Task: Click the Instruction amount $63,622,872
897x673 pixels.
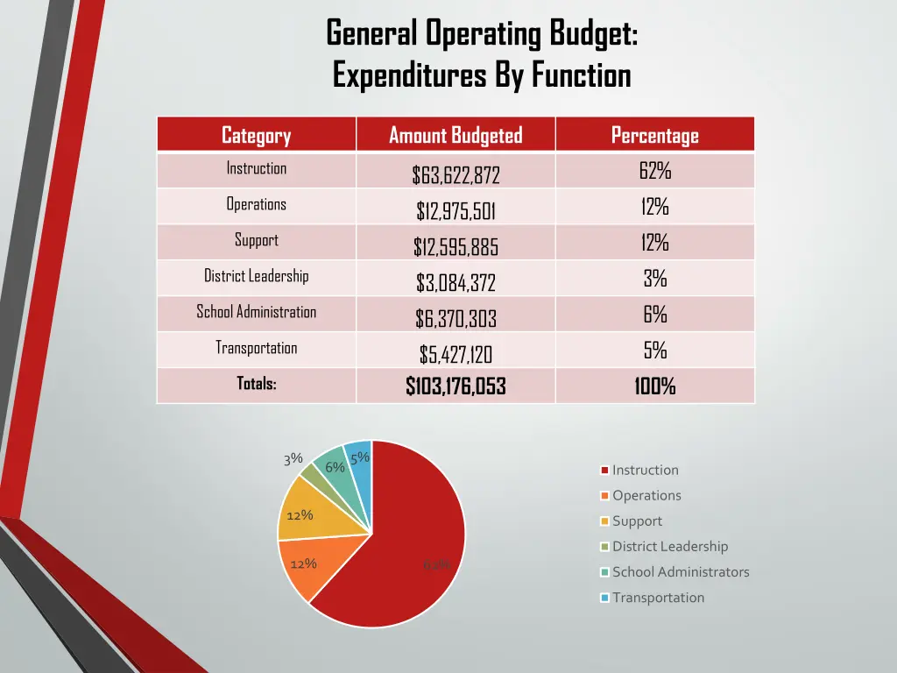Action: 456,175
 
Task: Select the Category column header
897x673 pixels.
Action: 256,135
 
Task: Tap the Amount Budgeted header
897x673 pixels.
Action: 456,135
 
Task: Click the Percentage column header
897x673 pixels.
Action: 654,135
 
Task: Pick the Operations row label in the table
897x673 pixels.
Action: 256,204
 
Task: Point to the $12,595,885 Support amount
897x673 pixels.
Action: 456,248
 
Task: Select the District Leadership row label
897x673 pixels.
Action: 256,276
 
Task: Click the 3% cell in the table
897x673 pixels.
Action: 654,279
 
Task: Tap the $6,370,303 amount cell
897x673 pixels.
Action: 456,319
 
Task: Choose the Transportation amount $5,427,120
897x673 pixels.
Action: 456,355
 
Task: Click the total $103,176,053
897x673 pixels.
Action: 456,386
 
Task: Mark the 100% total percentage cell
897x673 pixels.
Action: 654,386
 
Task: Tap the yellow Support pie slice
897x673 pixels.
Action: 307,517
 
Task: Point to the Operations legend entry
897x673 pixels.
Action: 646,495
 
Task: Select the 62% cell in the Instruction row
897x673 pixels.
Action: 654,171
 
